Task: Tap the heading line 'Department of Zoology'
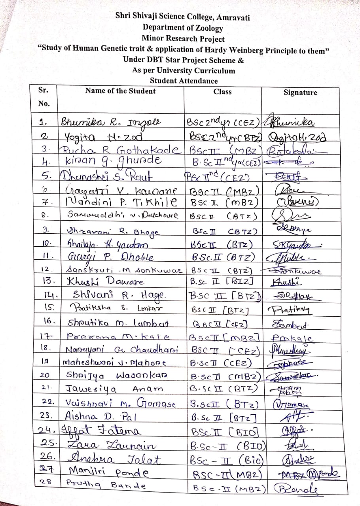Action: [x=183, y=28]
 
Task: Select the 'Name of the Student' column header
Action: [x=120, y=91]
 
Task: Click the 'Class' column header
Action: [x=222, y=92]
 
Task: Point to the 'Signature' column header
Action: [x=300, y=93]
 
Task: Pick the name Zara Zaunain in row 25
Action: [x=112, y=445]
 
